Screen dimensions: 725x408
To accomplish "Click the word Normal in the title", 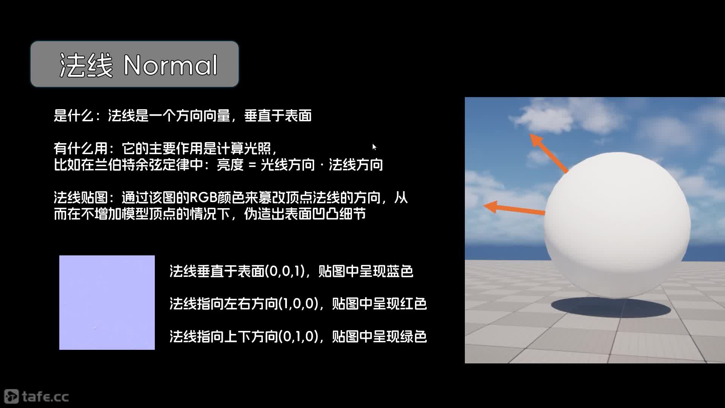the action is tap(171, 65).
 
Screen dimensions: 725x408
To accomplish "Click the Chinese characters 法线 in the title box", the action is tap(86, 65).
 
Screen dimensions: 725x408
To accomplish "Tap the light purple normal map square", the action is tap(107, 303).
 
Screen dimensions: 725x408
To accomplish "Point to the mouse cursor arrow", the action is tap(374, 147).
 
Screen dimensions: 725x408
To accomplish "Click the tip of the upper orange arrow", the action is tap(531, 134).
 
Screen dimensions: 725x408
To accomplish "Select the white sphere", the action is tap(617, 225).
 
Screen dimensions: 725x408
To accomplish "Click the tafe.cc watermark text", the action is tap(45, 397).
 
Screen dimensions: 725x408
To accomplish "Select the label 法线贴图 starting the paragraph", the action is tap(80, 198).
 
